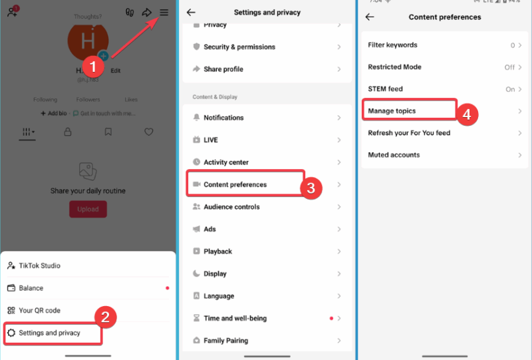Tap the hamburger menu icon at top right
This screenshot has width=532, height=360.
[x=164, y=13]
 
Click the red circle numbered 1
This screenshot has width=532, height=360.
[x=93, y=67]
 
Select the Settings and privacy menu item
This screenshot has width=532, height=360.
[x=49, y=333]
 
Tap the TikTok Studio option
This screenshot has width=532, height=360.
[x=39, y=266]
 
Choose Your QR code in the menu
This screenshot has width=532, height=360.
[x=39, y=310]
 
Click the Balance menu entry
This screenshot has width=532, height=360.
[x=31, y=288]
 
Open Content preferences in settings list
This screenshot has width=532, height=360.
[x=235, y=184]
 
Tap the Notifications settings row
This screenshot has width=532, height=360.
[x=223, y=118]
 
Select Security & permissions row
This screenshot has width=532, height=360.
[x=239, y=47]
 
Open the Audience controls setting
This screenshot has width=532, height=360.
[x=231, y=207]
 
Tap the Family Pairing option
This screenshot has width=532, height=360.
[x=225, y=341]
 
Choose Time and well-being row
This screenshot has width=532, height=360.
[x=235, y=318]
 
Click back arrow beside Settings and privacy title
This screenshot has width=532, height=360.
[x=191, y=13]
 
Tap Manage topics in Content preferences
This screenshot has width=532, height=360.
[x=392, y=110]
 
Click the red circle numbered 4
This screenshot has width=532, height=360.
[x=467, y=114]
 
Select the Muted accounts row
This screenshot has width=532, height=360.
[x=394, y=155]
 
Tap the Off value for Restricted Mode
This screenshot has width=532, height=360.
[x=509, y=67]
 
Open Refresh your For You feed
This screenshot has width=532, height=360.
[x=409, y=133]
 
